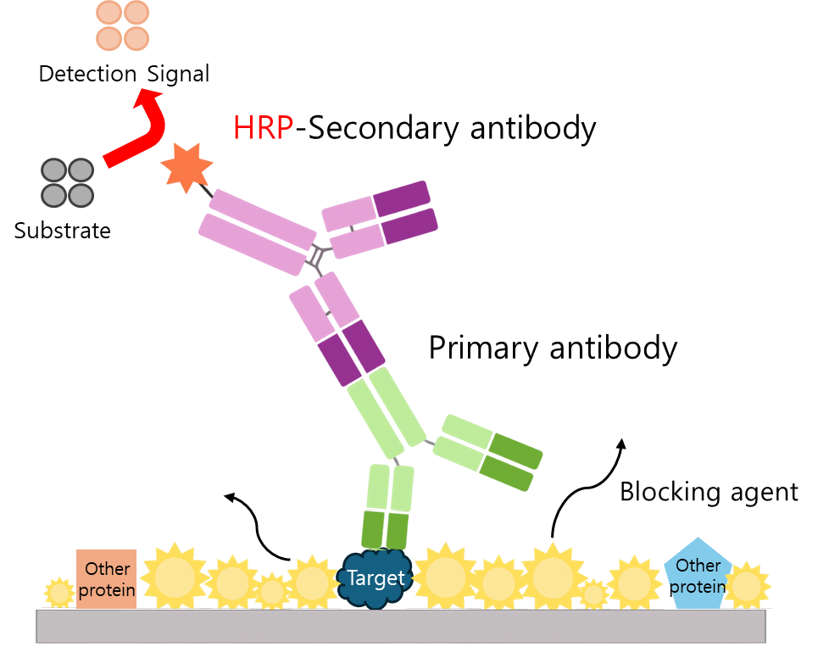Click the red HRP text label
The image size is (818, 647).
(x=263, y=127)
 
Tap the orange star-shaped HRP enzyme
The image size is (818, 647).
(x=186, y=167)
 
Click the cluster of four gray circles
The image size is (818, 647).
(x=67, y=182)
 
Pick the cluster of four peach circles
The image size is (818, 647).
(x=122, y=25)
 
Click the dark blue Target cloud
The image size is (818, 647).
(x=375, y=578)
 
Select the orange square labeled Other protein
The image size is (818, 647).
(x=106, y=579)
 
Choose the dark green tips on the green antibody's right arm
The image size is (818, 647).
(x=511, y=461)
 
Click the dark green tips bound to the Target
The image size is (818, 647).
(x=385, y=530)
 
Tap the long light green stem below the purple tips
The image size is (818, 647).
(x=387, y=411)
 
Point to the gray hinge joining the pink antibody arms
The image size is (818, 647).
(x=315, y=256)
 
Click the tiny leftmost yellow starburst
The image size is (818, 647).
(x=59, y=593)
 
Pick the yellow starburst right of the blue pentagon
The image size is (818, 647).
(x=747, y=585)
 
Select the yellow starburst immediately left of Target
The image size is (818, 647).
(x=312, y=582)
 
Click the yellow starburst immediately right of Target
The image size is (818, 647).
(x=444, y=577)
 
